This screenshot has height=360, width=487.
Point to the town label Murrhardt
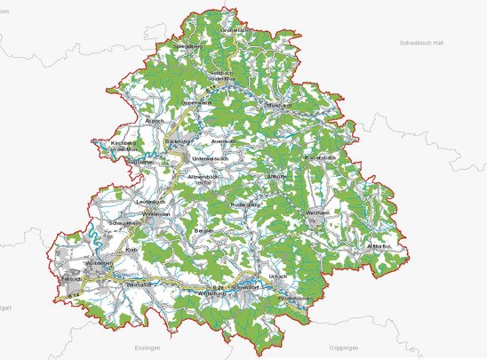tap(255, 104)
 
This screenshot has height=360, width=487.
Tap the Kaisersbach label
tap(320, 158)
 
